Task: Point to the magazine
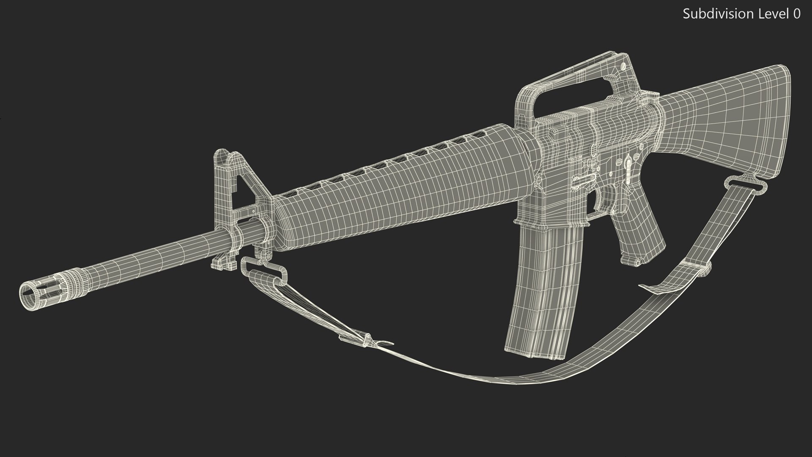541,296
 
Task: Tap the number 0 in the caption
796,14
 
